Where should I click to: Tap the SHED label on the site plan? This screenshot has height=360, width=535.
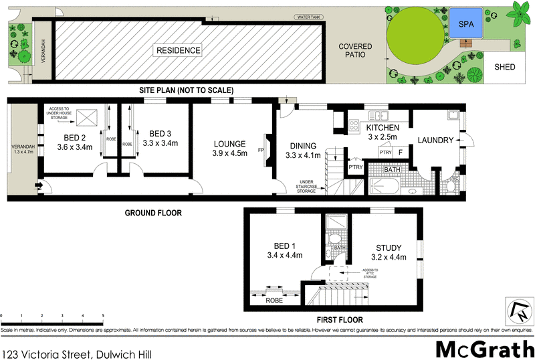[x=504, y=68]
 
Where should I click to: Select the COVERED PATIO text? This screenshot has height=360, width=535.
[x=354, y=51]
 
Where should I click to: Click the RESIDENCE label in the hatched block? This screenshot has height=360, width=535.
[x=177, y=50]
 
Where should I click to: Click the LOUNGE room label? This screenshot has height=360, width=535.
[x=229, y=143]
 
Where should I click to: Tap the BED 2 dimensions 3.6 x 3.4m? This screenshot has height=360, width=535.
[x=74, y=147]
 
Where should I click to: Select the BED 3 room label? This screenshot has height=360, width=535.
[x=161, y=132]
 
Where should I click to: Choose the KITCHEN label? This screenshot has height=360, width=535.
[x=383, y=127]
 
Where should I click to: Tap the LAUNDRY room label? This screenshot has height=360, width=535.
[x=435, y=140]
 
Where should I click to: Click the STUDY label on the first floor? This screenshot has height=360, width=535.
[x=388, y=247]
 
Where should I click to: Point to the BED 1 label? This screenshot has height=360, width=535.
[x=285, y=245]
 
